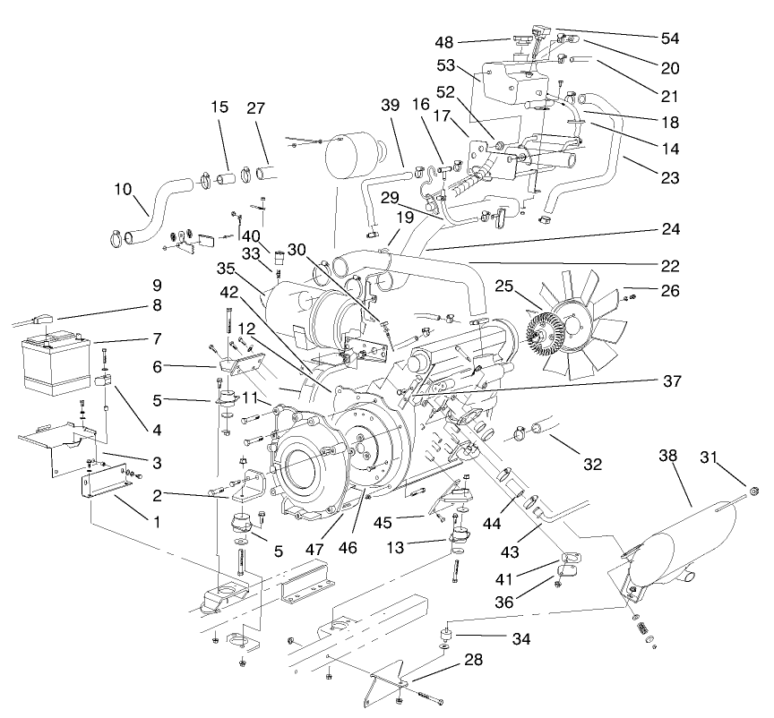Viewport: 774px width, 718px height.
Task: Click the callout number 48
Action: tap(446, 41)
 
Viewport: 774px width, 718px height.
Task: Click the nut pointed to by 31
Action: tap(754, 491)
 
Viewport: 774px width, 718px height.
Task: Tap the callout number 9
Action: tap(157, 286)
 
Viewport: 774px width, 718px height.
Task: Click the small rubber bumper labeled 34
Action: tap(443, 638)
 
